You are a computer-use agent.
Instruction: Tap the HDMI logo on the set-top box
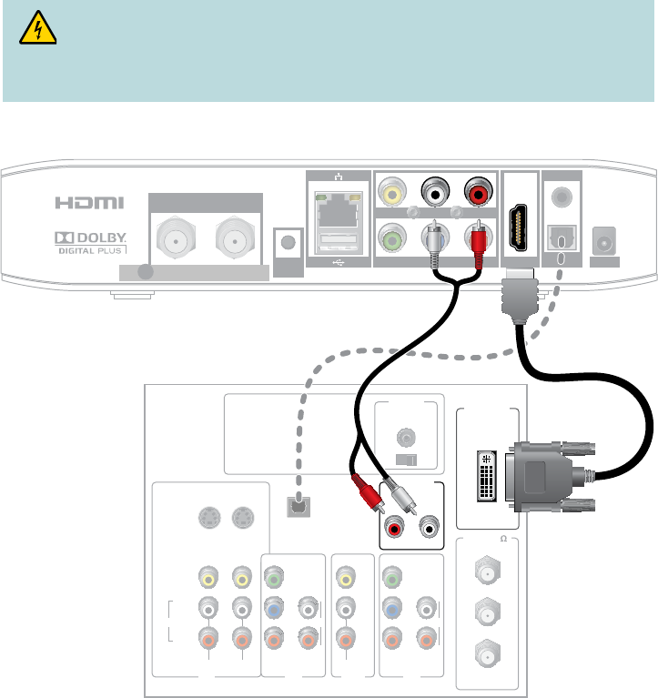pyautogui.click(x=88, y=203)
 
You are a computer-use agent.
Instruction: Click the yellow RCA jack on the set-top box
pyautogui.click(x=391, y=194)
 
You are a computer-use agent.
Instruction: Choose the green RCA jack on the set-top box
pyautogui.click(x=391, y=239)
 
